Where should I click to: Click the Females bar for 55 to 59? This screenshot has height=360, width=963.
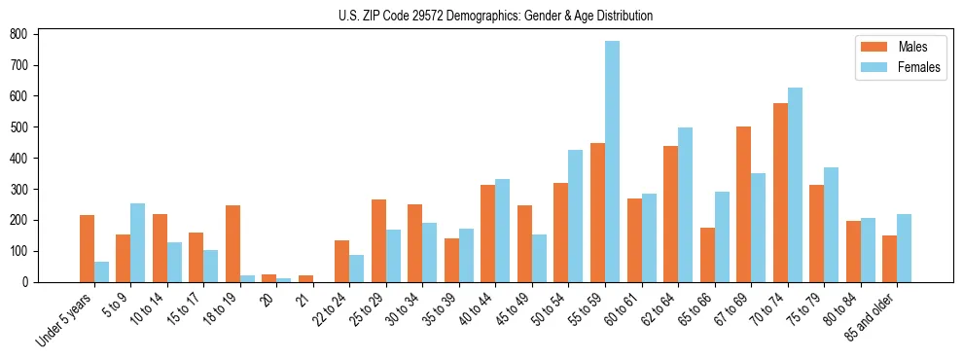(x=612, y=162)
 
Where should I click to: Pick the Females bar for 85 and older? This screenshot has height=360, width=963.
(x=904, y=248)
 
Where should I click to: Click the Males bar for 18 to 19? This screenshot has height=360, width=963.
(x=232, y=243)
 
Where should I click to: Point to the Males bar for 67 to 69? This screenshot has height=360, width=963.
(x=743, y=204)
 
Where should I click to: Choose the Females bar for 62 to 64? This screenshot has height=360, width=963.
(x=685, y=205)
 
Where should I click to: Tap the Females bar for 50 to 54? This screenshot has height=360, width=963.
(x=576, y=216)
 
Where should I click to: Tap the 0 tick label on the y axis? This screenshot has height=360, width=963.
(x=31, y=282)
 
